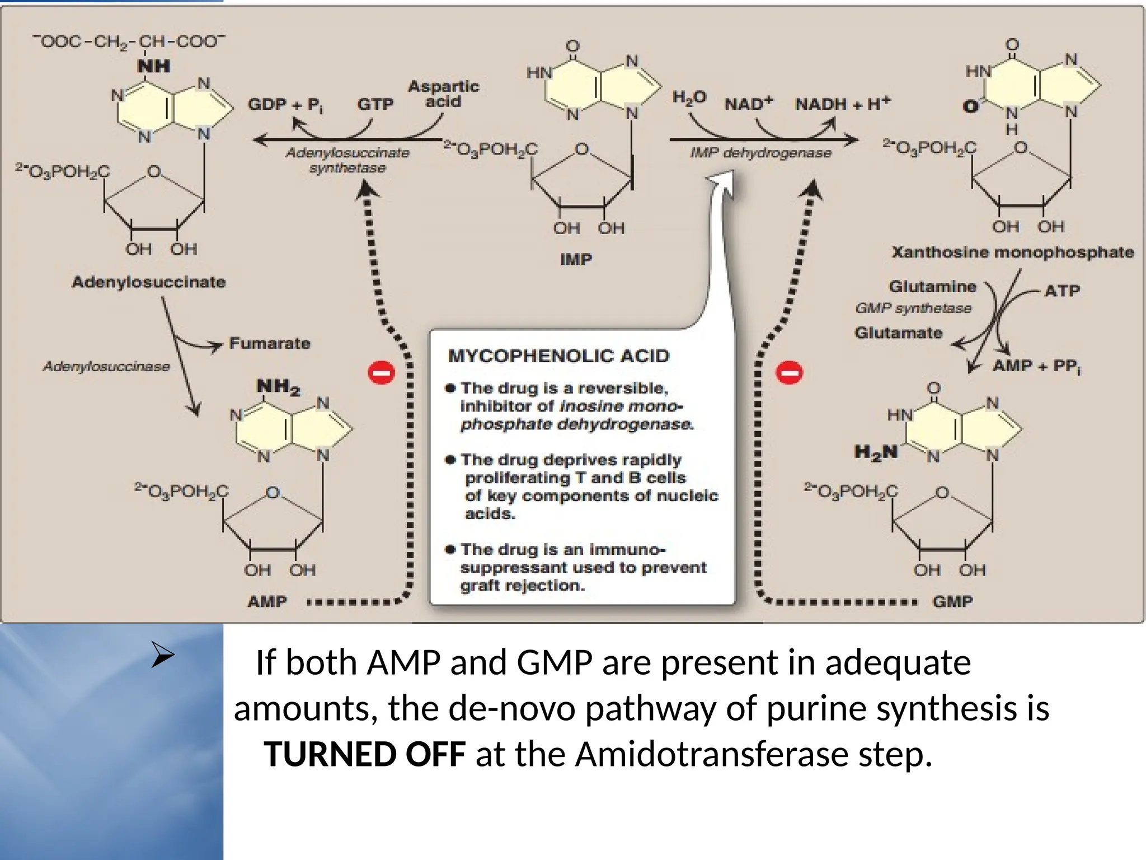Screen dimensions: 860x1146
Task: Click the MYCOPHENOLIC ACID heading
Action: point(558,356)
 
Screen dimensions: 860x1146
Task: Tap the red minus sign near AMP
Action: point(382,373)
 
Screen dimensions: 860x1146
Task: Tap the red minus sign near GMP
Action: point(790,372)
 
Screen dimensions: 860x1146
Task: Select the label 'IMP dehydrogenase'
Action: point(760,153)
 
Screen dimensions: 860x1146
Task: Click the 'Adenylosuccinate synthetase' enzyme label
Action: point(347,160)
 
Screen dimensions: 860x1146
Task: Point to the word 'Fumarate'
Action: point(270,343)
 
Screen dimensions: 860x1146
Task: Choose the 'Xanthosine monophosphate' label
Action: point(1013,252)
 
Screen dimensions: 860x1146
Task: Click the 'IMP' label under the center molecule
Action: point(576,260)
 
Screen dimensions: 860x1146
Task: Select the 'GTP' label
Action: point(375,104)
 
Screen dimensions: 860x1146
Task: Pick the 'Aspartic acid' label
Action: point(443,94)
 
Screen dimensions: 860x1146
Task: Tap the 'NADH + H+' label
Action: point(843,104)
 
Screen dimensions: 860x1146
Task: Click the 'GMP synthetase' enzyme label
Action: point(913,309)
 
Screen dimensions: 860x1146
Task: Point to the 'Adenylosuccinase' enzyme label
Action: point(106,367)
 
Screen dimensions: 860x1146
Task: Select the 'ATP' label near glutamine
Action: point(1062,291)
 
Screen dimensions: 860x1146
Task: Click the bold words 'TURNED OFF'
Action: point(365,754)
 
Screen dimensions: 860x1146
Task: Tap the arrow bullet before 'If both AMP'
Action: point(163,657)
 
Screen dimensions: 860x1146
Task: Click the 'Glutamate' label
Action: point(899,333)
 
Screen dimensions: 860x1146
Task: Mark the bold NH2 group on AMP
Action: point(278,387)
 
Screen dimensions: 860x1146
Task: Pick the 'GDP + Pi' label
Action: point(285,105)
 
